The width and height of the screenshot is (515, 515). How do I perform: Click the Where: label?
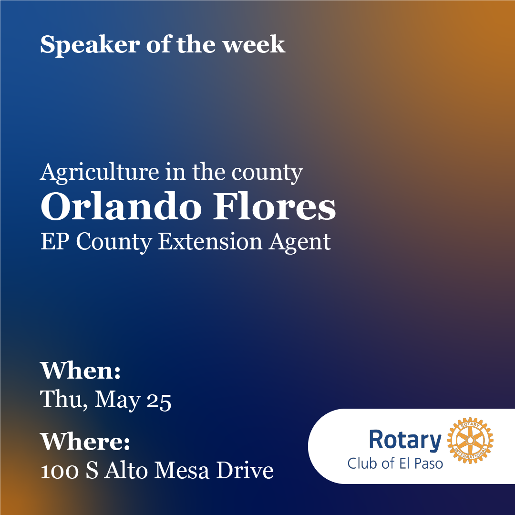coord(85,442)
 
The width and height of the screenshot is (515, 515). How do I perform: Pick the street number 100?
coord(58,471)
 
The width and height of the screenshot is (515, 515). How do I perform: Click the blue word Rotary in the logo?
coord(405,440)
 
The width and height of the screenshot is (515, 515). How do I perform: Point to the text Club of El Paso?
coord(395,463)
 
